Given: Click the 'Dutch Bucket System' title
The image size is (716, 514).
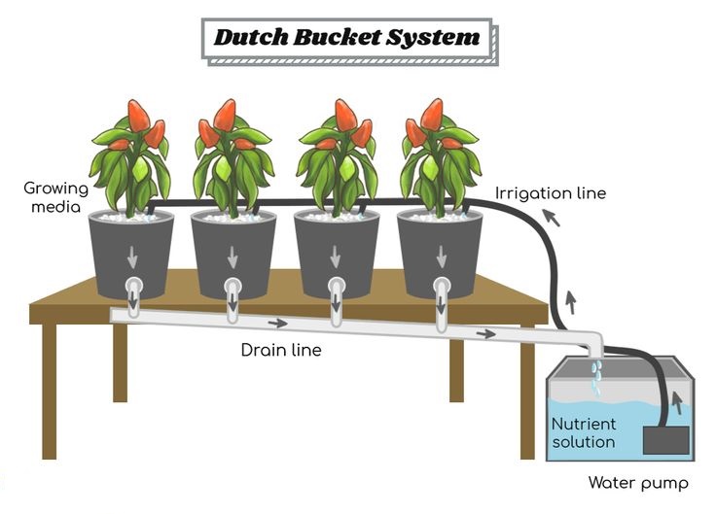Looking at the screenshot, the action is point(347,37).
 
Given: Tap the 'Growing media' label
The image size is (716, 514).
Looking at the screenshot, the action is point(55,197).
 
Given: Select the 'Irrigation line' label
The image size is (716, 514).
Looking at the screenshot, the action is point(551,193).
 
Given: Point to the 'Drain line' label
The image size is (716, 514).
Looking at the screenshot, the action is point(281,350).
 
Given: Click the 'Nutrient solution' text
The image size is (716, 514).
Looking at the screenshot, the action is point(584,432).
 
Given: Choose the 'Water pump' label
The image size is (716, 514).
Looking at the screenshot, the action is point(638,483).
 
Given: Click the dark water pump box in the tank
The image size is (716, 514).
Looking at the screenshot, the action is point(665,440).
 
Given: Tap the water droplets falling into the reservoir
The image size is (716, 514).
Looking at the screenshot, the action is point(596,377).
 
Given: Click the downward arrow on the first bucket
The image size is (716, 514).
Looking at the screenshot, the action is point(132,257).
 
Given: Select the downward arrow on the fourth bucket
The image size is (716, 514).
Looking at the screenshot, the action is point(441,257).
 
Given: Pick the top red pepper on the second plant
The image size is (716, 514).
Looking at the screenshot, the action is point(225,116).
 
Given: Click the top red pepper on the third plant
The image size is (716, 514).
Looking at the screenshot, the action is point(345,116).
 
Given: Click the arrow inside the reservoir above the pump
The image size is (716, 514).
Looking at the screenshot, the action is point(678,402).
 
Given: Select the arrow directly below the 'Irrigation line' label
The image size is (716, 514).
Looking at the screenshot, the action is point(551,217).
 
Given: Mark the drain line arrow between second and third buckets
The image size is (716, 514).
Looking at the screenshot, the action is point(277,324).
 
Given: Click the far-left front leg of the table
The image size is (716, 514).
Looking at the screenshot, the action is point(50,392).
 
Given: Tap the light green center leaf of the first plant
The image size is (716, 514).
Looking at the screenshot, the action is point(140,169).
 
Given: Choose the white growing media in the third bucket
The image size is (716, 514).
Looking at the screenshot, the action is point(337,217).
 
